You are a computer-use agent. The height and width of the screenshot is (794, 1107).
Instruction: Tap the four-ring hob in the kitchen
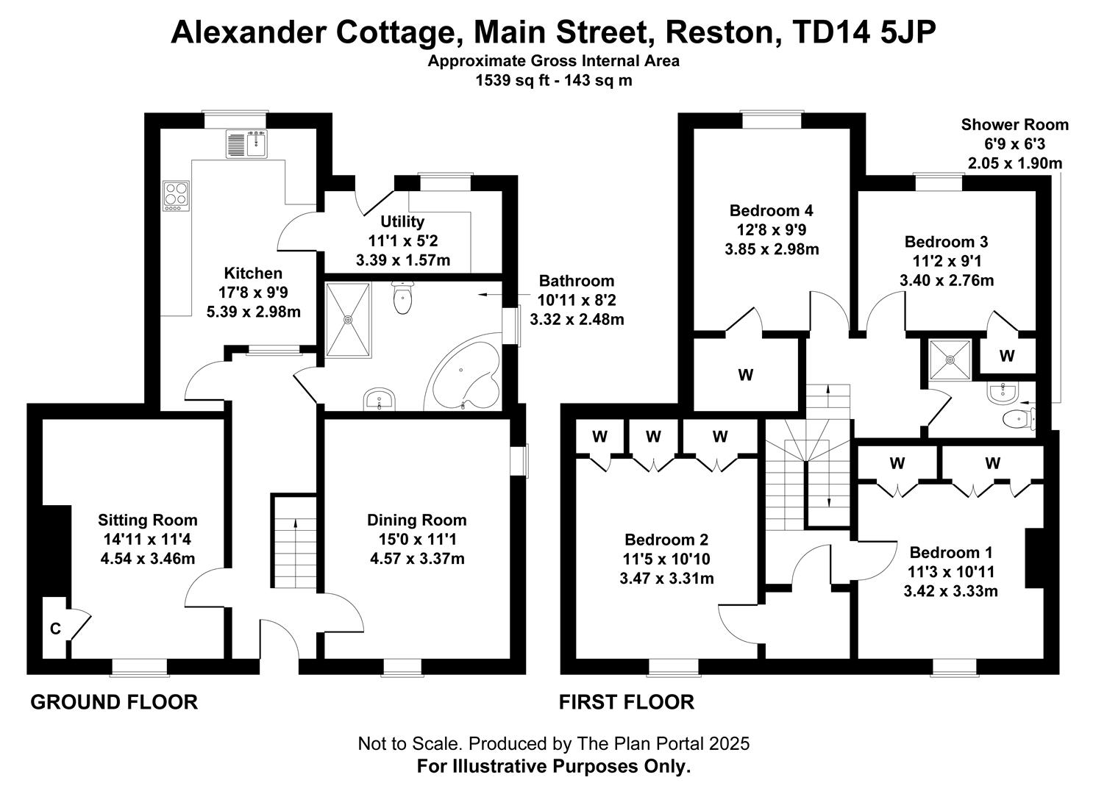pos(176,196)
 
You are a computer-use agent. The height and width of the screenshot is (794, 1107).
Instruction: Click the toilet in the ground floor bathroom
pos(403,298)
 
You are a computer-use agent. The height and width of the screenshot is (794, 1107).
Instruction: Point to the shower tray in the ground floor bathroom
pos(349,320)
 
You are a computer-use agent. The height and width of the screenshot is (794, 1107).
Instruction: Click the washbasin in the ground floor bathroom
pos(379,398)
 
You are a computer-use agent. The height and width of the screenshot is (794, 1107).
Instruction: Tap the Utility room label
pos(402,221)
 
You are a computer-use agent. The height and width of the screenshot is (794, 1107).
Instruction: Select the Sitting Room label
pos(147,520)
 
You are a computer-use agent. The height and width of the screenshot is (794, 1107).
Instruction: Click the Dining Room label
pos(416,520)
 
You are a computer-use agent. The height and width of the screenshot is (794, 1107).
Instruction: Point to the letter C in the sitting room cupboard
pos(55,629)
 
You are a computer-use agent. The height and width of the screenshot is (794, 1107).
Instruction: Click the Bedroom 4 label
pos(771,210)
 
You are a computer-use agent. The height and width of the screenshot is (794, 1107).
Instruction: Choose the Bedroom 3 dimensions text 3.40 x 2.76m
pos(947,281)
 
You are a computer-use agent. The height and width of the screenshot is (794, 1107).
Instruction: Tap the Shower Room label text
pos(1014,124)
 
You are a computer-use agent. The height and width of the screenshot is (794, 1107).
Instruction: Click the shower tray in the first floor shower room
pos(950,360)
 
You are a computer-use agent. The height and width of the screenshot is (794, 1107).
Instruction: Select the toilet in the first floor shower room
pos(1020,420)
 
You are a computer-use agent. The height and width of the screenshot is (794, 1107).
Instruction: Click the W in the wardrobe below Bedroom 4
pos(745,375)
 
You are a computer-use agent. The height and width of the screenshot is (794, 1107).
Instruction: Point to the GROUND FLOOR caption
pos(114,702)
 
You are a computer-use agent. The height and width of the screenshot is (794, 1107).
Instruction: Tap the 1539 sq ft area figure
pos(512,81)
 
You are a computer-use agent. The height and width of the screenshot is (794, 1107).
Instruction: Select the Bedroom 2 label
pos(666,540)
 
